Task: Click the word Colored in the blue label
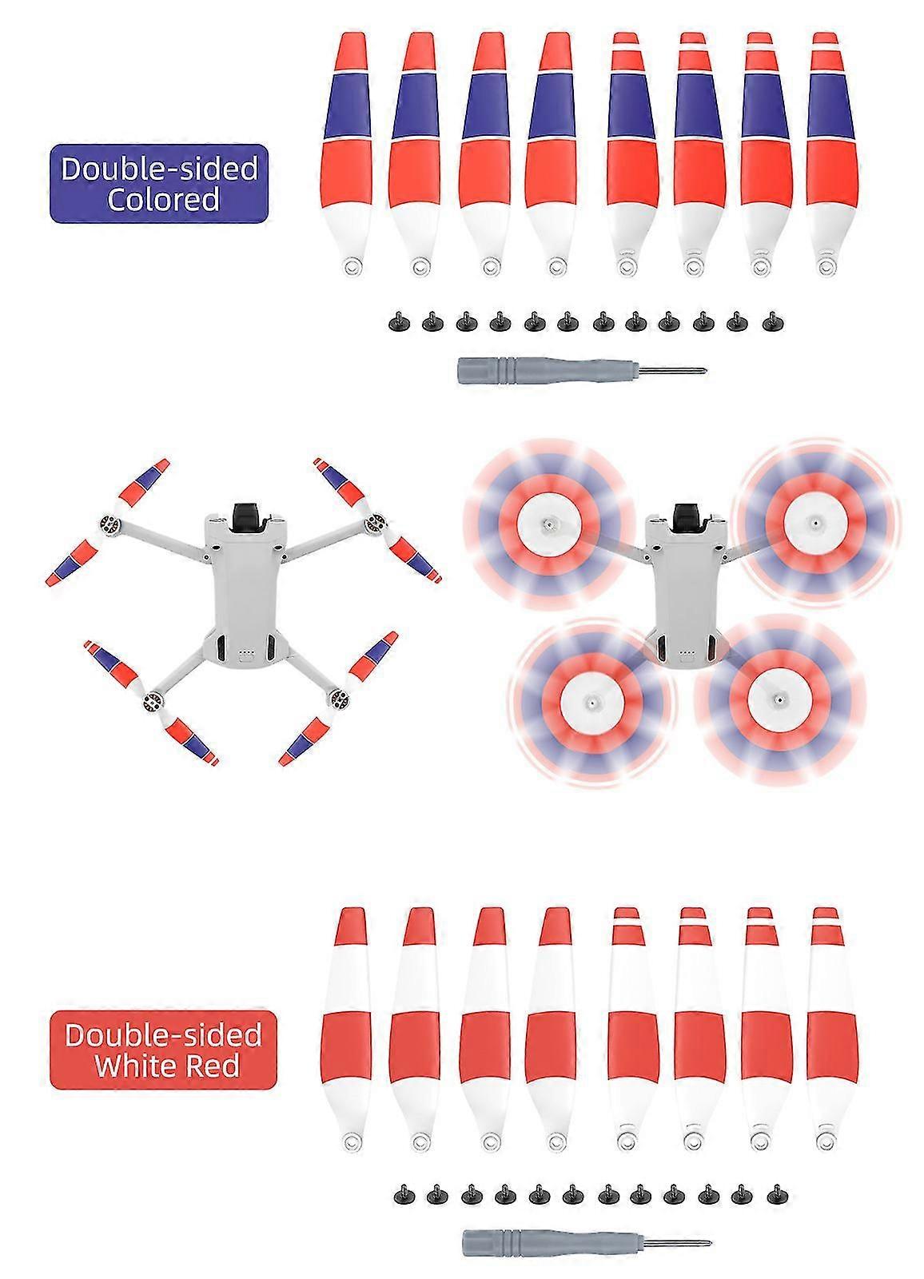pyautogui.click(x=163, y=199)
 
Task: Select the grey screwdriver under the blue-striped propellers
pyautogui.click(x=582, y=370)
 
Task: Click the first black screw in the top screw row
pyautogui.click(x=399, y=323)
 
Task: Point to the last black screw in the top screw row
pyautogui.click(x=773, y=323)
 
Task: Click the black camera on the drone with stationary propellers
pyautogui.click(x=249, y=512)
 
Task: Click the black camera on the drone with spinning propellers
pyautogui.click(x=690, y=512)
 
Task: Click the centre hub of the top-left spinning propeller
pyautogui.click(x=548, y=522)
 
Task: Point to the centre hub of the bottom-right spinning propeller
pyautogui.click(x=777, y=697)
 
